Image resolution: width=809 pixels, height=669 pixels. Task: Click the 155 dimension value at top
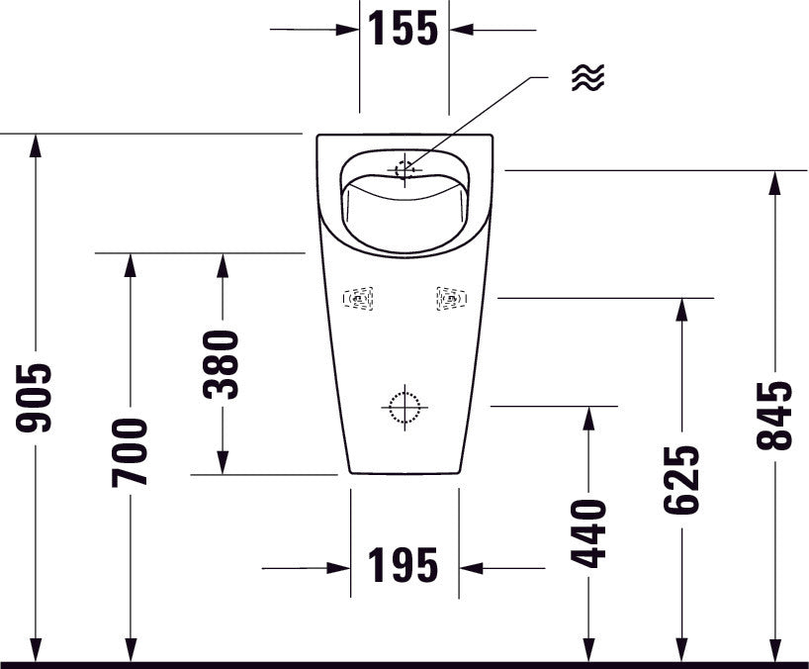(404, 29)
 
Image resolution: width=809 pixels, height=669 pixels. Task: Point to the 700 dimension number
(130, 451)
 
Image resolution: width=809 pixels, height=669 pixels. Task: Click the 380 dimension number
(222, 364)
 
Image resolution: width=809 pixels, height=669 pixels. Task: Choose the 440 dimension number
(589, 533)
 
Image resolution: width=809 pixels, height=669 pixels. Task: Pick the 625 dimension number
(681, 480)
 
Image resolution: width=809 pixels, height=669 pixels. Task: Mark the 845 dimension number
(775, 416)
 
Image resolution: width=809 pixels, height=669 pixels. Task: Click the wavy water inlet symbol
(587, 78)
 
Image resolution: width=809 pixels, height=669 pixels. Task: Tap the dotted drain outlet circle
(404, 407)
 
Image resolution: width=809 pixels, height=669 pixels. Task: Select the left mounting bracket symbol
(358, 298)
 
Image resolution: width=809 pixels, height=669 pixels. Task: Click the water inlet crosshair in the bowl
(405, 169)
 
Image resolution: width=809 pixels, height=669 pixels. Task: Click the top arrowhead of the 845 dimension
(775, 182)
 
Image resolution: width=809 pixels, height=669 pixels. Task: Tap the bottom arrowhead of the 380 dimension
(222, 462)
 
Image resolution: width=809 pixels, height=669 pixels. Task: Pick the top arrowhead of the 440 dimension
(589, 418)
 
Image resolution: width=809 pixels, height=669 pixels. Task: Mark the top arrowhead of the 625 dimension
(681, 309)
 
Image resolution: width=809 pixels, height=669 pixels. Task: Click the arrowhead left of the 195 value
(339, 568)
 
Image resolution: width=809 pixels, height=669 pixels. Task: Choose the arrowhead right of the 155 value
(461, 30)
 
